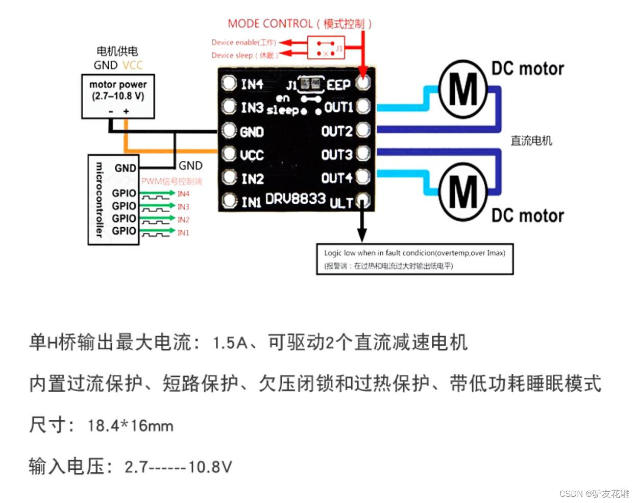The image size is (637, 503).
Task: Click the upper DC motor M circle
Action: [x=462, y=89]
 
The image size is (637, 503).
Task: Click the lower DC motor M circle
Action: [x=462, y=192]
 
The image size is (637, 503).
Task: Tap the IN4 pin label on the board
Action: [x=252, y=84]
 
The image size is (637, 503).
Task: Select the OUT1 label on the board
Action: [x=339, y=107]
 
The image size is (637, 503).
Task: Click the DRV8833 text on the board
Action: [x=295, y=198]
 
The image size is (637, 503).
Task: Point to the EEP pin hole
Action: [x=363, y=82]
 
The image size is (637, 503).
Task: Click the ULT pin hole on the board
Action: [x=363, y=200]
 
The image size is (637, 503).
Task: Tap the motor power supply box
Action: [x=118, y=97]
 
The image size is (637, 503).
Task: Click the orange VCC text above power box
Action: [x=133, y=65]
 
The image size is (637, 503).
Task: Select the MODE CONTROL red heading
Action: [x=300, y=23]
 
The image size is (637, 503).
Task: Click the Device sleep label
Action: [x=244, y=55]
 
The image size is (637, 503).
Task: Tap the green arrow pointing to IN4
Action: [x=157, y=194]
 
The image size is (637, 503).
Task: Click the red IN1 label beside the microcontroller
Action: [x=183, y=232]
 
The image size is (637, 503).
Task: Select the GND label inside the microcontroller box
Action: [x=125, y=168]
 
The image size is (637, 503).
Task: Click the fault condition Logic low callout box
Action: [x=414, y=259]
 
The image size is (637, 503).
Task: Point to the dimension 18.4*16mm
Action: [x=130, y=425]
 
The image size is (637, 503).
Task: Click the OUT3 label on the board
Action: [x=337, y=155]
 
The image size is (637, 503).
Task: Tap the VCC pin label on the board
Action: [x=252, y=155]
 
